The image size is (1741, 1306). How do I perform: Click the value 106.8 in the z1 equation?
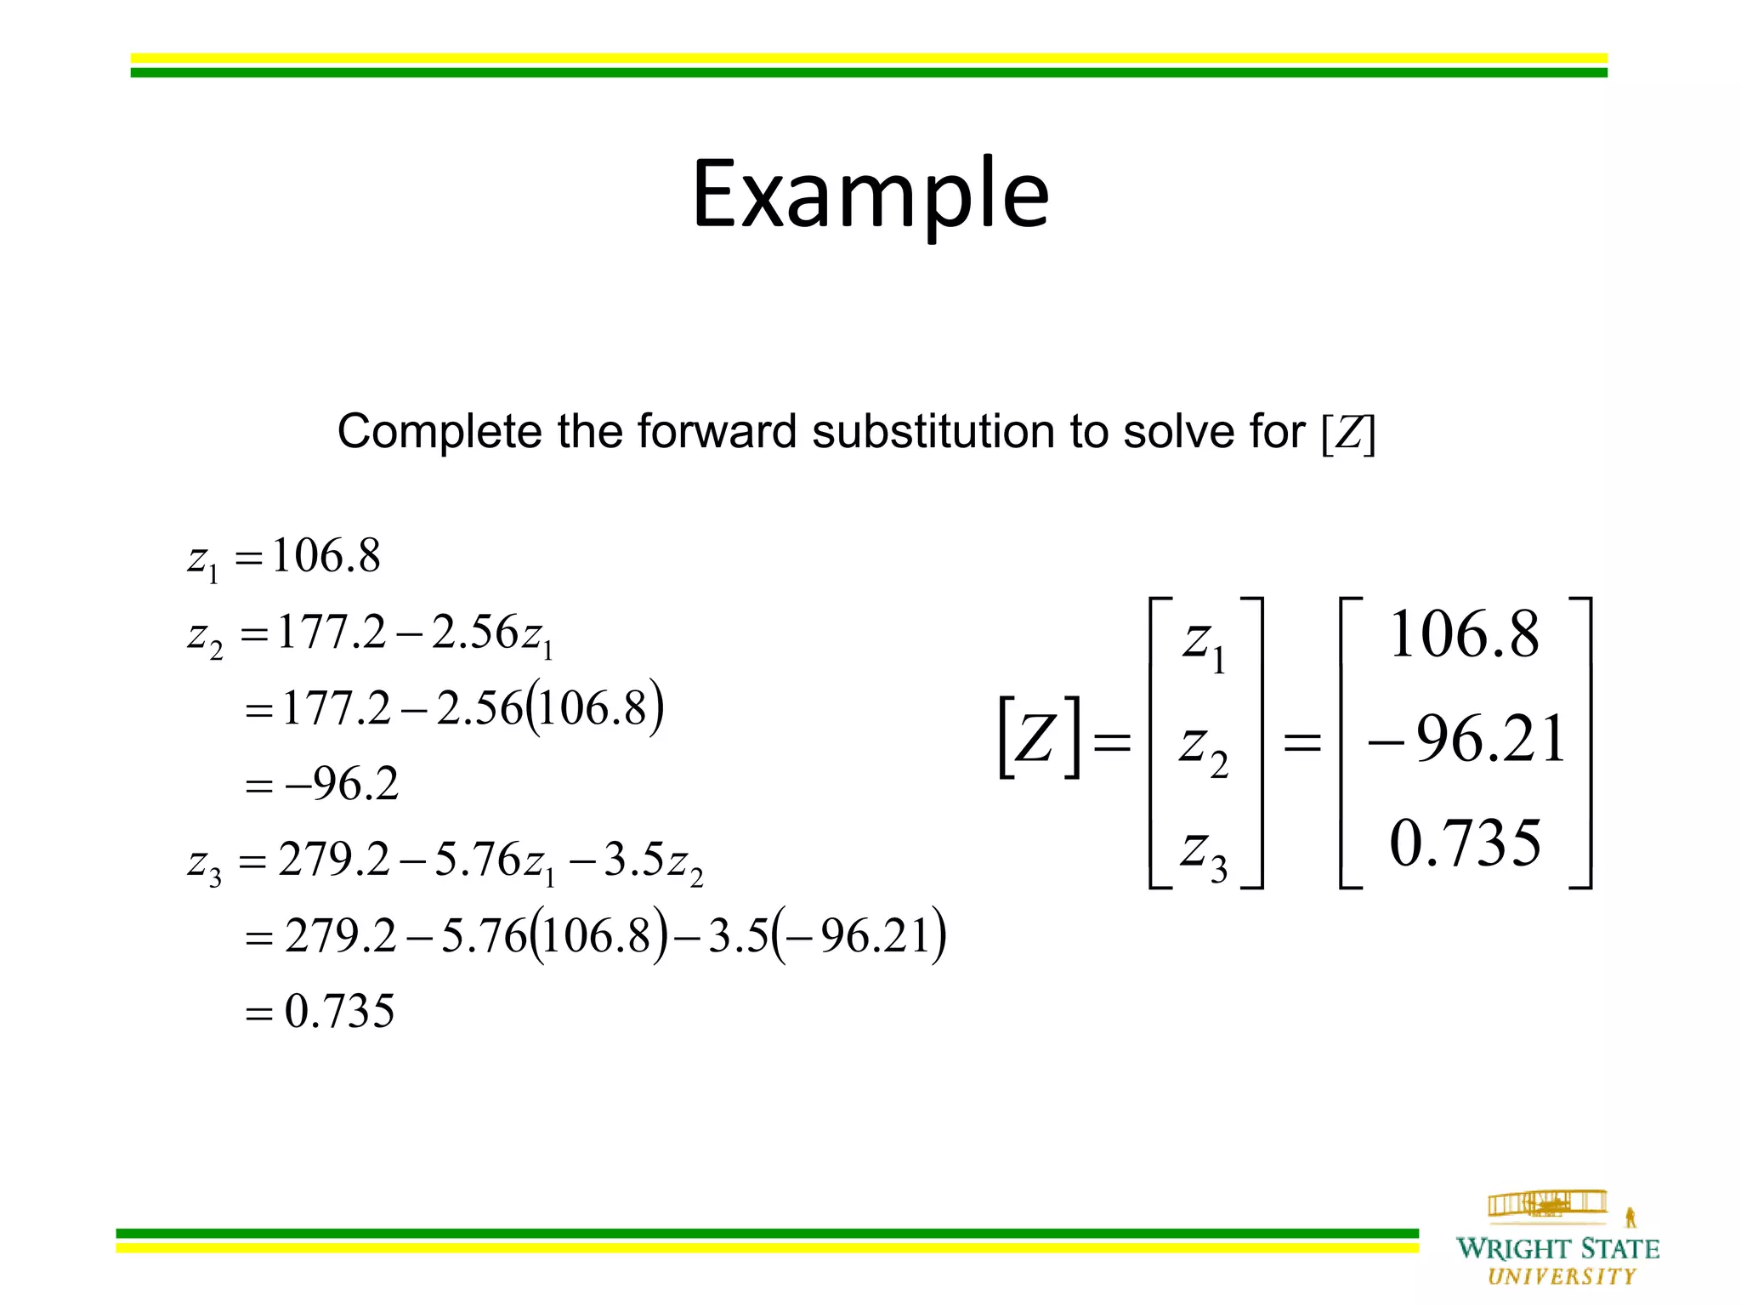point(326,556)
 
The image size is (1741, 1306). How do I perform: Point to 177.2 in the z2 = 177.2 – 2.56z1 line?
point(332,632)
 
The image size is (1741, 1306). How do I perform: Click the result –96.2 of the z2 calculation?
point(343,783)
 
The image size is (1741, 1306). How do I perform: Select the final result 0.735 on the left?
point(340,1012)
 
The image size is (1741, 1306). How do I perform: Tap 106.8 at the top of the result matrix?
point(1464,635)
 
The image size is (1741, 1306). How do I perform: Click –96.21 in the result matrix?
point(1466,739)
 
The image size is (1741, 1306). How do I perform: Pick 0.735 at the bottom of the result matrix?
point(1465,843)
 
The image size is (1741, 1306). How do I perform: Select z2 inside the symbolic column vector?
point(1204,747)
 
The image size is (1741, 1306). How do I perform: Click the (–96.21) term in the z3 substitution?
point(860,936)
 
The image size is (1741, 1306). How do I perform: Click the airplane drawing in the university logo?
point(1546,1204)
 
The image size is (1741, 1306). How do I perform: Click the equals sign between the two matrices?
point(1301,743)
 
